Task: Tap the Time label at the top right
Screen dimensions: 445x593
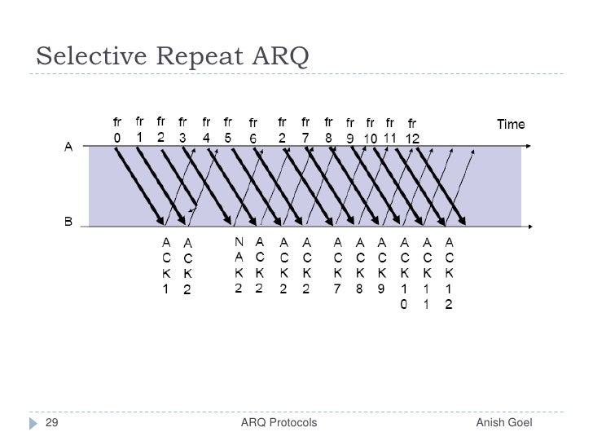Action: (x=511, y=125)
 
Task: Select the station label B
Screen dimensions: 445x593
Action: (x=69, y=222)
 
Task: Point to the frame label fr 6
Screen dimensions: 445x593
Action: (x=253, y=132)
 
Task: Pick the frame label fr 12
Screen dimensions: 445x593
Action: (x=412, y=132)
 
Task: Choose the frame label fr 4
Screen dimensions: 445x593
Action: (x=207, y=130)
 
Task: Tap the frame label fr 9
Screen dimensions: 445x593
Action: (x=350, y=132)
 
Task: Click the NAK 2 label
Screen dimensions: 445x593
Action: (x=239, y=265)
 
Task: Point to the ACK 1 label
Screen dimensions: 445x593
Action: (x=166, y=265)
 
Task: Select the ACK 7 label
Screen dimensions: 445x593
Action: (x=338, y=265)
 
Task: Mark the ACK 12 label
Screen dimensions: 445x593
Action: (x=449, y=272)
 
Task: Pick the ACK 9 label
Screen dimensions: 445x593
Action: (x=382, y=265)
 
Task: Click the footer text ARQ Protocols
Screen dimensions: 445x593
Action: (x=279, y=422)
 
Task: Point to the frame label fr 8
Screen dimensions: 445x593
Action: (x=328, y=130)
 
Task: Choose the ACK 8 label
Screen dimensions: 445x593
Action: (x=360, y=265)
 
